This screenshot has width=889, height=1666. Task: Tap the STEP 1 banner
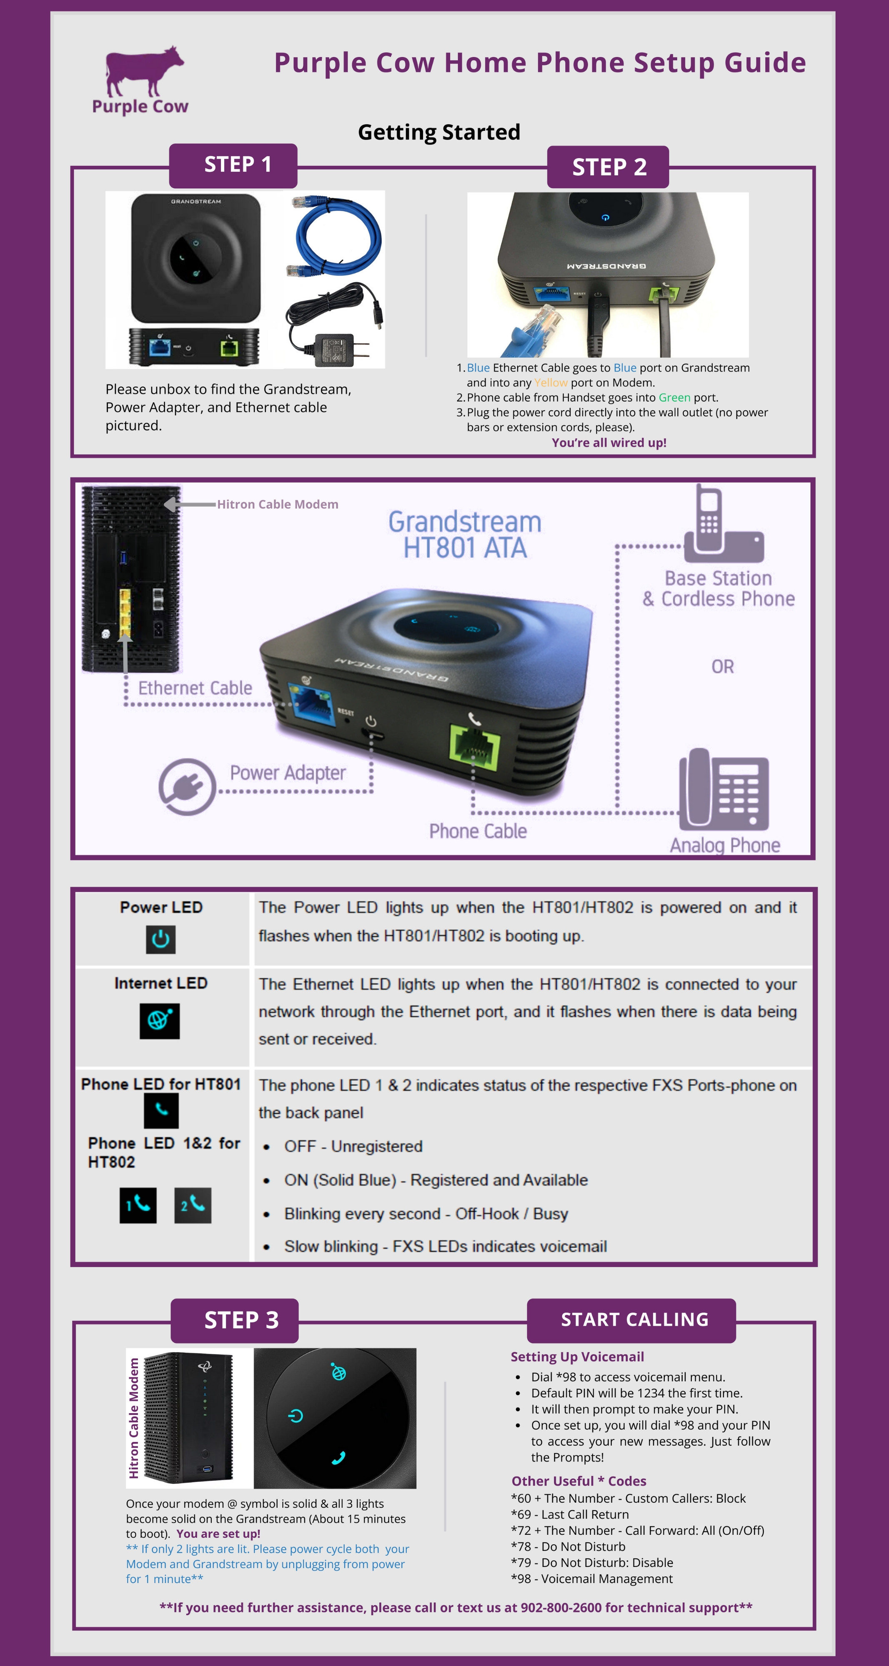coord(233,165)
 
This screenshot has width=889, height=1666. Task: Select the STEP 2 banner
coord(608,167)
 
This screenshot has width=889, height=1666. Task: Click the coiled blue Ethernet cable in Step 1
coord(336,236)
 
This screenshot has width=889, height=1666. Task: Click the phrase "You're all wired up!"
coord(609,442)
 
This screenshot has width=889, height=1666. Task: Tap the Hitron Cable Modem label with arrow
coord(276,504)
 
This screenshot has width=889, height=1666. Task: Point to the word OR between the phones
coord(723,667)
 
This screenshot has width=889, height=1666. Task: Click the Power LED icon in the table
coord(160,939)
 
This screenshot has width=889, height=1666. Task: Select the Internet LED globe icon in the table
coord(160,1021)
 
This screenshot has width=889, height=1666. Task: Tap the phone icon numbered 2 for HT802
coord(193,1205)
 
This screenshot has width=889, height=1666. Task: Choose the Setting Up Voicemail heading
coord(577,1357)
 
